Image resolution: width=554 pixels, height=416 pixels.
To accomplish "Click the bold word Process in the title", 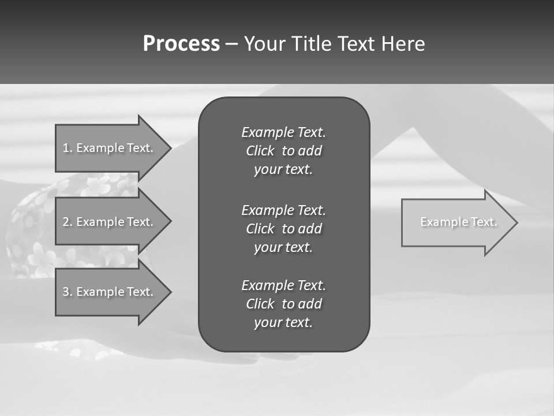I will pos(181,43).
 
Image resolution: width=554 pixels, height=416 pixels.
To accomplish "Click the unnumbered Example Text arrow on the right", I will pos(458,222).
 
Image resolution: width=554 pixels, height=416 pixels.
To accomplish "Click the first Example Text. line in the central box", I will pos(283,132).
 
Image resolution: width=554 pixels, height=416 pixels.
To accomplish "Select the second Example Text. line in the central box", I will pos(283,210).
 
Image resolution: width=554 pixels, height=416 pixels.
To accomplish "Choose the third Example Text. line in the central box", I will pos(283,285).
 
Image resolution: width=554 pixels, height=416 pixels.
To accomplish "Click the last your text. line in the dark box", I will pos(283,322).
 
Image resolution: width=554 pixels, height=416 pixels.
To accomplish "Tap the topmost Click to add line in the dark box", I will pos(283,151).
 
